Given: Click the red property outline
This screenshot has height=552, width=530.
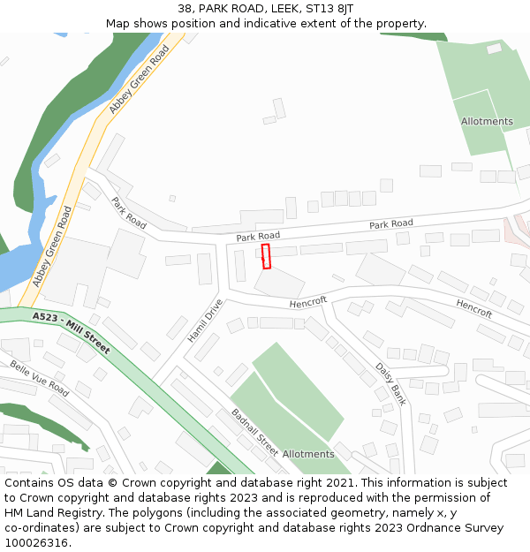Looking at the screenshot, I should [x=266, y=256].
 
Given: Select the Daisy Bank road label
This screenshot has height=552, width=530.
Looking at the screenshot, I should [x=390, y=382].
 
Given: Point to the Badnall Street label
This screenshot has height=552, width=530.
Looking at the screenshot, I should [x=254, y=432].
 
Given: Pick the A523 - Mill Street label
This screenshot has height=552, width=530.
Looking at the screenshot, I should [x=72, y=332].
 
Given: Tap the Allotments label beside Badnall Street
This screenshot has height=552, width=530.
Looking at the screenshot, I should [x=308, y=454].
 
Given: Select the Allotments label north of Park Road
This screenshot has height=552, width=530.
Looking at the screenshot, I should [x=487, y=121].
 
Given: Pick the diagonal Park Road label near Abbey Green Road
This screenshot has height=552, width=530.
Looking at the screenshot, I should [x=129, y=213].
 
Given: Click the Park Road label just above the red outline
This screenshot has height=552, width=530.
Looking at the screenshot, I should [x=258, y=237].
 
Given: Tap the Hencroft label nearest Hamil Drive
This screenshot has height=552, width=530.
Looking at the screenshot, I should [x=308, y=302].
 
